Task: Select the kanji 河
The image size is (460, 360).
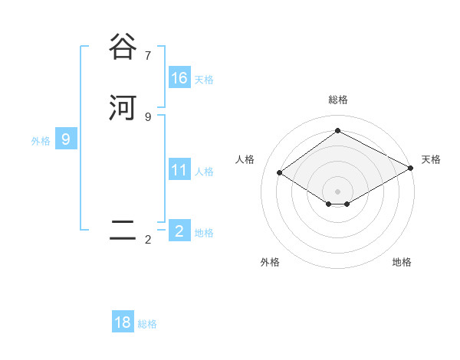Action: tap(123, 107)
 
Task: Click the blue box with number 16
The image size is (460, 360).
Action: tap(179, 78)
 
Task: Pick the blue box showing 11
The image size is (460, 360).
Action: tap(179, 170)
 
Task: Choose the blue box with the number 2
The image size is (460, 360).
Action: tap(179, 231)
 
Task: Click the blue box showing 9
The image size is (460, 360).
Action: tap(66, 139)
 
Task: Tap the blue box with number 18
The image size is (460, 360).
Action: tap(123, 322)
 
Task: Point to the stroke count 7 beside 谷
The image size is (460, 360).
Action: tap(148, 55)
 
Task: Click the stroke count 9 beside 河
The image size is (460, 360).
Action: tap(148, 116)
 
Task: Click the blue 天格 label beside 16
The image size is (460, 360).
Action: tap(204, 80)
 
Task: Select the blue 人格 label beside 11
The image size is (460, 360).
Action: tap(204, 172)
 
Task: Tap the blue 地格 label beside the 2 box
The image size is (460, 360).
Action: tap(204, 233)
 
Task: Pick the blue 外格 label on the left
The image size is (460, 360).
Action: tap(41, 141)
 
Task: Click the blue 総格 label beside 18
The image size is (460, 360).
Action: tap(147, 325)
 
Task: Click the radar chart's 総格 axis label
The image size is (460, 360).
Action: tap(338, 100)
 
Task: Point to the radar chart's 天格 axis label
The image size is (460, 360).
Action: tap(431, 159)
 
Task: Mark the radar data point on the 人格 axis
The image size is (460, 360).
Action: tap(280, 173)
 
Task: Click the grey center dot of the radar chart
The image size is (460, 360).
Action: tap(338, 191)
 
